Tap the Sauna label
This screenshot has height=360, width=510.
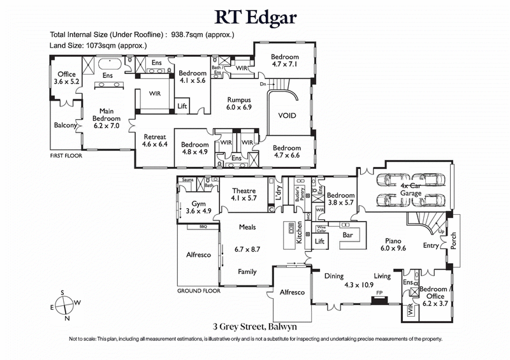tap(187, 180)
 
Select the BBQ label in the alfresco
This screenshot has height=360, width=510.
tap(203, 226)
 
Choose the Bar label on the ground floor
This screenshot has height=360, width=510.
tap(347, 235)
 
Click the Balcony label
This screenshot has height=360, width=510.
tap(65, 126)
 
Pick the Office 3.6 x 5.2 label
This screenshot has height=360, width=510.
tap(66, 78)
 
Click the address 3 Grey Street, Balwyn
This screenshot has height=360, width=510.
tap(254, 326)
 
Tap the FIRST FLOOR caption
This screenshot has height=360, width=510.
tap(67, 155)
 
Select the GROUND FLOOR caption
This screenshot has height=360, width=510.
tap(199, 291)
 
